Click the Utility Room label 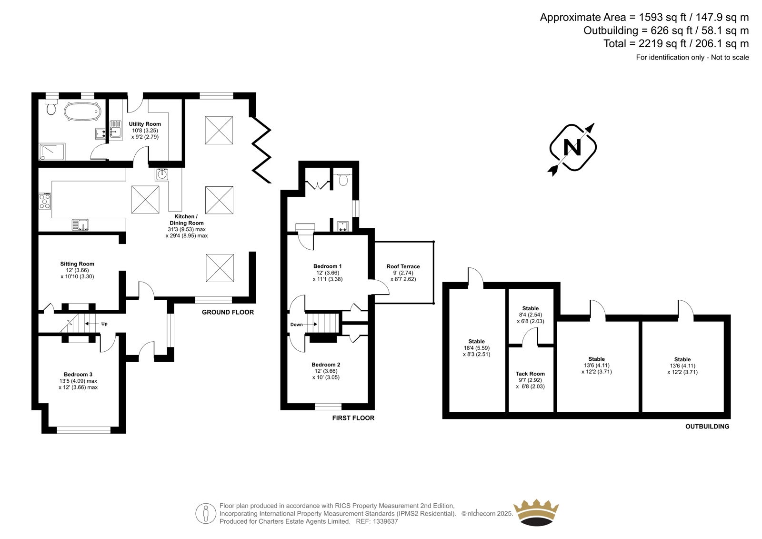[x=145, y=124]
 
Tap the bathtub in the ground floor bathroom [x=83, y=112]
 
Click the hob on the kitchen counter [x=45, y=201]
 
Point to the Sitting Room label [x=77, y=264]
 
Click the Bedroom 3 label [x=78, y=375]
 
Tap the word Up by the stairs [x=104, y=324]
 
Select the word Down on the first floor [x=296, y=325]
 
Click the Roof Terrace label [x=403, y=266]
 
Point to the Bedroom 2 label [x=326, y=364]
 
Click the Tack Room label [x=530, y=374]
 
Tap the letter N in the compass [x=572, y=148]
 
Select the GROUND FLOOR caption [x=228, y=312]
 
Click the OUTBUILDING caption [x=707, y=427]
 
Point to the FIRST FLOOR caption [x=353, y=418]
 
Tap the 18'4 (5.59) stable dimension [x=476, y=348]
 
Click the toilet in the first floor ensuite [x=343, y=180]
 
